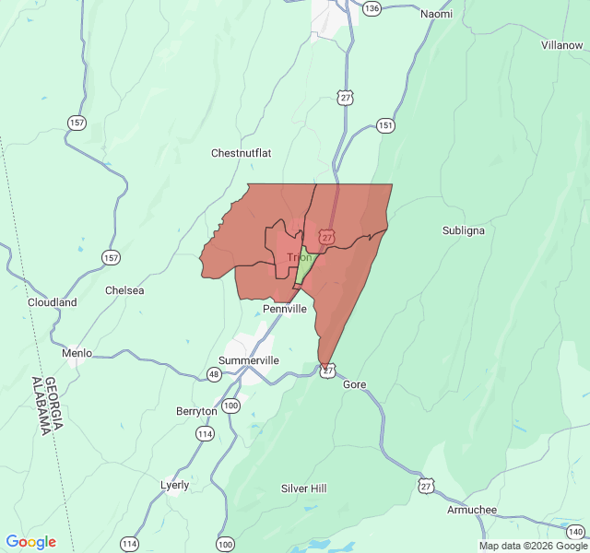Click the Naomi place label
tap(436, 14)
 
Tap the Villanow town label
tap(561, 44)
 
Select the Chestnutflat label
tap(240, 153)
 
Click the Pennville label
tap(284, 309)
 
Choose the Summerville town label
tap(249, 360)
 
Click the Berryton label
tap(196, 411)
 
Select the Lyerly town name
tap(174, 485)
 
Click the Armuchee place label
tap(471, 510)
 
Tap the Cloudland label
tap(52, 302)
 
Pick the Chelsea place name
tap(124, 290)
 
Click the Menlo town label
tap(77, 353)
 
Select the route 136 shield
tap(372, 8)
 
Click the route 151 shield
tap(385, 125)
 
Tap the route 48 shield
tap(214, 374)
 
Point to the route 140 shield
tap(574, 532)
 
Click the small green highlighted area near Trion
tap(302, 267)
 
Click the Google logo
tap(30, 542)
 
